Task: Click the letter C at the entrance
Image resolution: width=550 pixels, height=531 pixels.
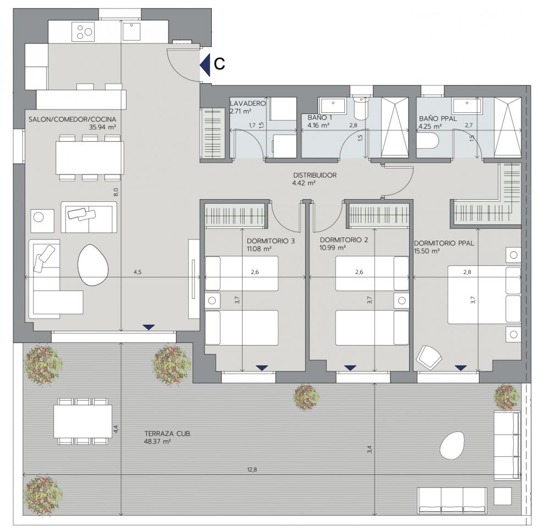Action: tap(219, 64)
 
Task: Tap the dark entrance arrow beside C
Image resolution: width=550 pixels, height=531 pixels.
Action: tap(205, 64)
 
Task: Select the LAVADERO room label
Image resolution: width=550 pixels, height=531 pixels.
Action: tap(248, 103)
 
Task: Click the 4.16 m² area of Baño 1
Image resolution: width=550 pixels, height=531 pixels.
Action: tap(318, 125)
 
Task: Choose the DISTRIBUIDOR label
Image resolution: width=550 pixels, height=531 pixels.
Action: tap(315, 175)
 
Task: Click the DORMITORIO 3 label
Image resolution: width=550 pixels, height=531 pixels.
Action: tap(271, 241)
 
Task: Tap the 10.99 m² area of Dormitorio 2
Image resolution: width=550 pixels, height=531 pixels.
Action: tap(333, 248)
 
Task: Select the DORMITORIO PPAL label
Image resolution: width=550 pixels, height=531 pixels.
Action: tap(444, 243)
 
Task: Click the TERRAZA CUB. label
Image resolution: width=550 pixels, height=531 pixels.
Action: tap(168, 434)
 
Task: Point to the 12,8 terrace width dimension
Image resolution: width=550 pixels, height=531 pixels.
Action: tap(252, 469)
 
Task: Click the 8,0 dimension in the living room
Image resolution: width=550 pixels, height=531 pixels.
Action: tap(116, 193)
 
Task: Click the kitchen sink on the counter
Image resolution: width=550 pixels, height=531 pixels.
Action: tap(131, 31)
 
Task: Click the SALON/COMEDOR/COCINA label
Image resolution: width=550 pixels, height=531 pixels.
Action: tap(72, 119)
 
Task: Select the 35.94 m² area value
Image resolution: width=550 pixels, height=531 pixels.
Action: tap(102, 127)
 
